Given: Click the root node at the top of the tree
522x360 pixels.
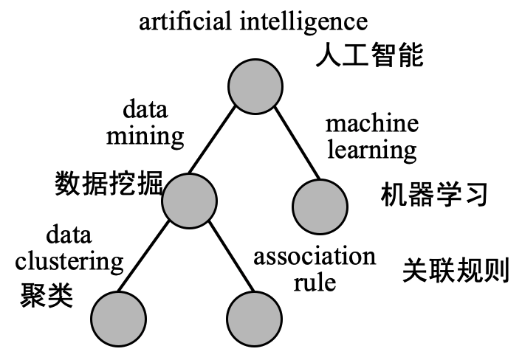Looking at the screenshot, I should click(x=255, y=86).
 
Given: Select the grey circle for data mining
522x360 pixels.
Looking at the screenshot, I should click(x=189, y=200).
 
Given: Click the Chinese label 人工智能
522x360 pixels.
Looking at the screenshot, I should click(x=369, y=55).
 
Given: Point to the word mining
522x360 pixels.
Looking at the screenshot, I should click(x=145, y=136).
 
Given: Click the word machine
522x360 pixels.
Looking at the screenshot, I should click(x=371, y=123).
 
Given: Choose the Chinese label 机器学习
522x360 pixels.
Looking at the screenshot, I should click(x=434, y=195).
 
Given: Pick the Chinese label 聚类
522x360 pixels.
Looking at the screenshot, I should click(x=48, y=295).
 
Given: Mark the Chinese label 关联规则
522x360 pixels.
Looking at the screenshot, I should click(x=456, y=271).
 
